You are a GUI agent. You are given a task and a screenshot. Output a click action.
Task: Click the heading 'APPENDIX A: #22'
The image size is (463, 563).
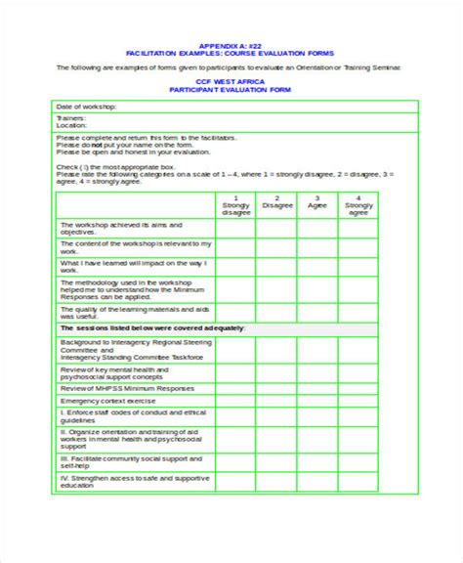[x=231, y=46]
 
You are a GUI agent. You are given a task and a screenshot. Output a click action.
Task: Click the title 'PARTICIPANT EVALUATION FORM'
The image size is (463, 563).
[x=231, y=89]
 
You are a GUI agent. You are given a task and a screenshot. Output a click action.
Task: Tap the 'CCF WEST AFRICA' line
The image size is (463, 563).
[x=231, y=81]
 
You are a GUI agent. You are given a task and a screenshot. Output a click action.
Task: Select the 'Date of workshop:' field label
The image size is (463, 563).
[x=87, y=105]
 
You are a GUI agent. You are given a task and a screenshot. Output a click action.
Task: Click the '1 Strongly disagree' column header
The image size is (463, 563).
[x=235, y=206]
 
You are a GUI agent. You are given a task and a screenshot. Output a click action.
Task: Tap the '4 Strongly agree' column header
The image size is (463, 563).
[x=358, y=206]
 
